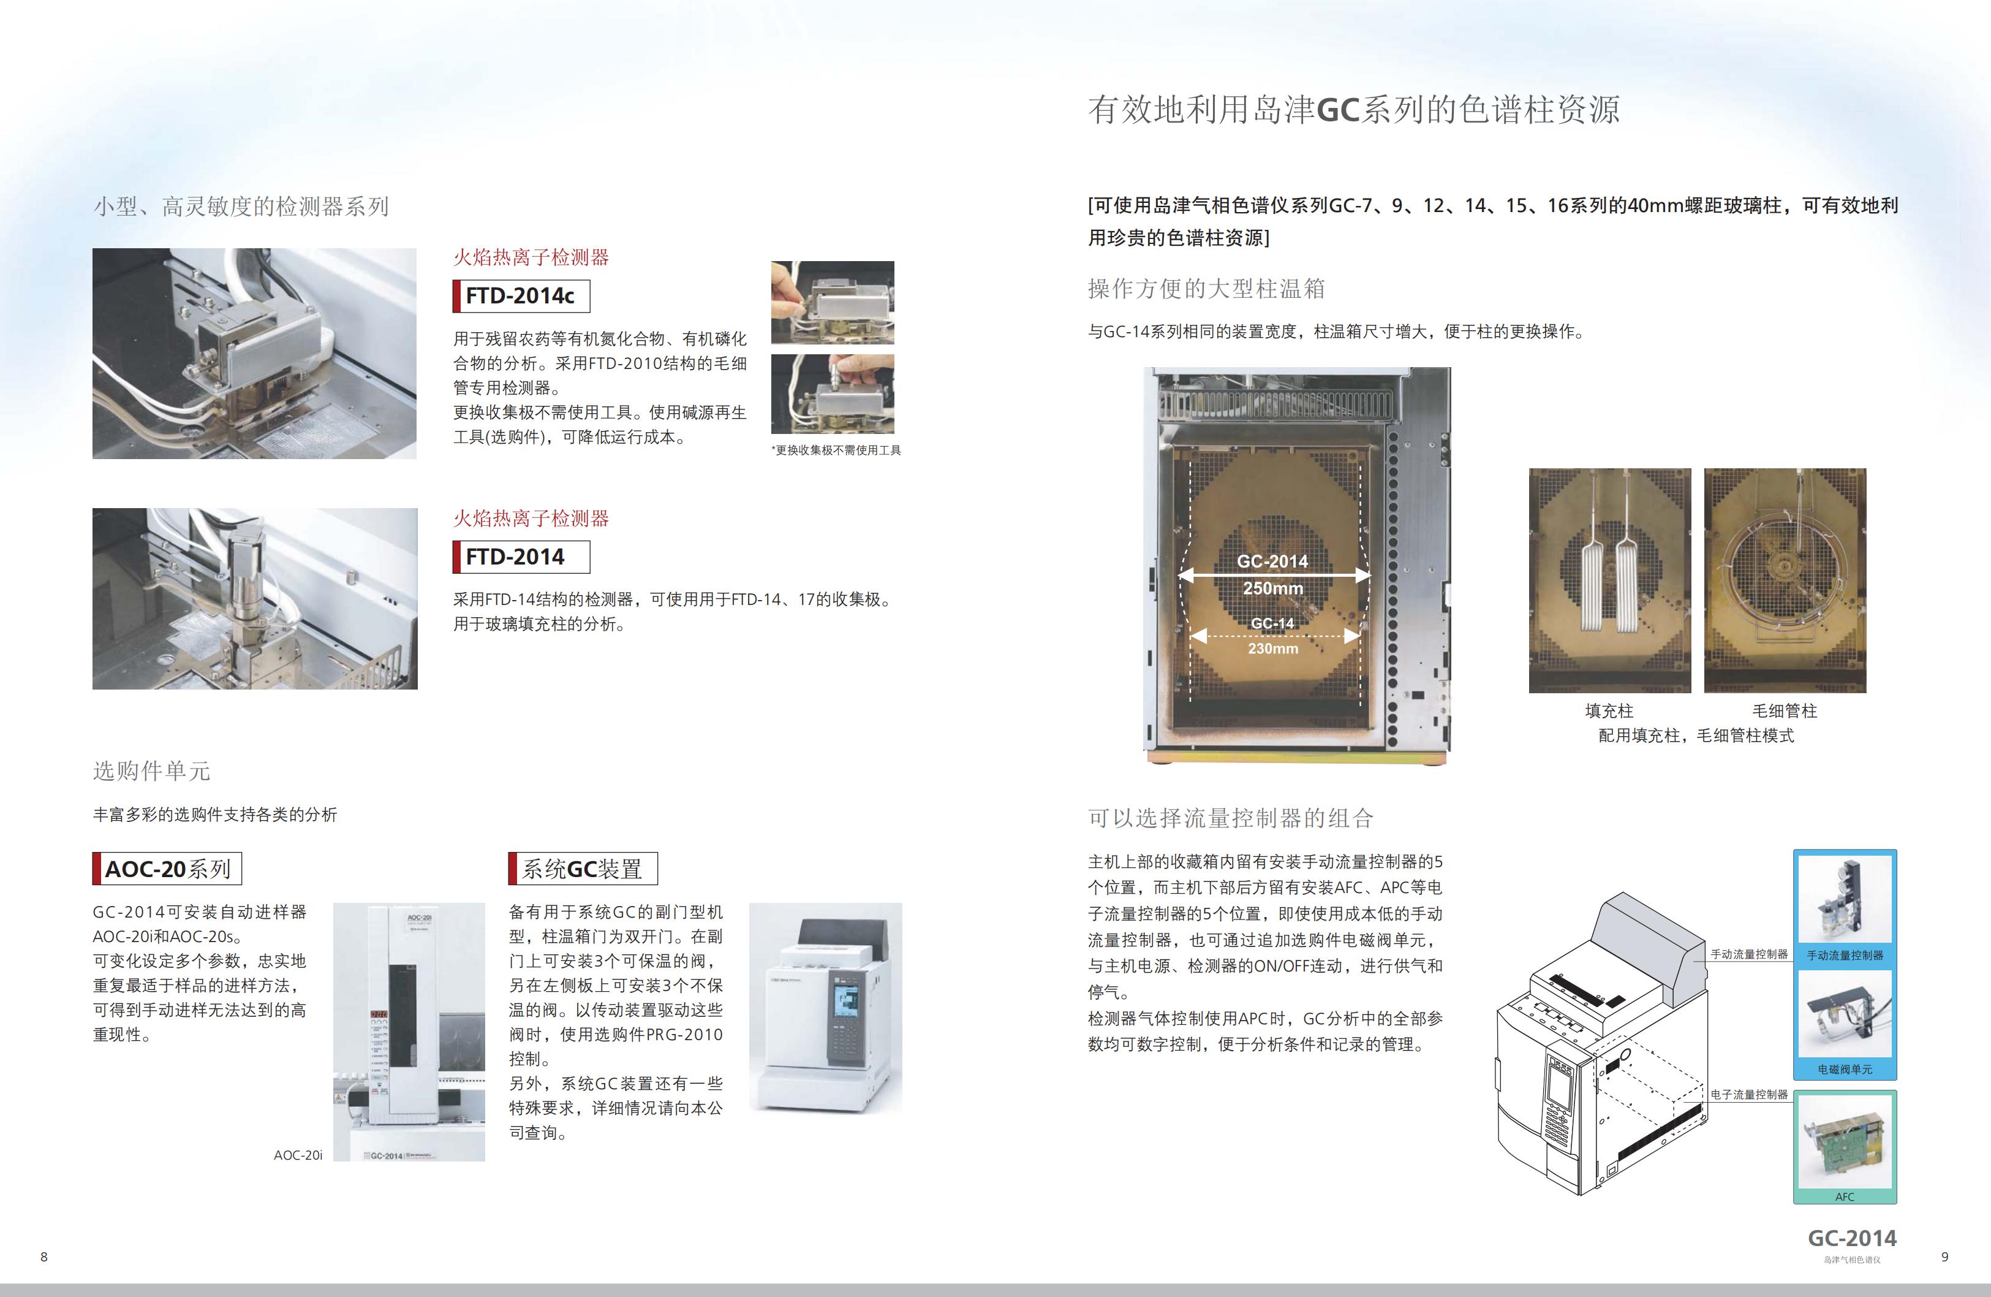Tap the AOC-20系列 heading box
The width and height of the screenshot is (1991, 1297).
167,869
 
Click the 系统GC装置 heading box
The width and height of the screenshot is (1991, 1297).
583,869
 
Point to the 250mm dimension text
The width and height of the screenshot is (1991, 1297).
1272,588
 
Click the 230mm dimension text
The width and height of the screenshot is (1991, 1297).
1273,648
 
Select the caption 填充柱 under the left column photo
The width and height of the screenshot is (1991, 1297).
1609,710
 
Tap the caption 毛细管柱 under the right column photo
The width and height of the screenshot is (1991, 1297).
1785,710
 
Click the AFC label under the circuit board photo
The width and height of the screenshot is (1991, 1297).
1845,1196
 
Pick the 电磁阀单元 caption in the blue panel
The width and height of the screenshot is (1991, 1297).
1845,1070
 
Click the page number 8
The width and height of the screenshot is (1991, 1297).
44,1256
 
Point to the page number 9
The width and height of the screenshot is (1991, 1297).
1945,1256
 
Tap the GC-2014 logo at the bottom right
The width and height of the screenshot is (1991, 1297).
1852,1238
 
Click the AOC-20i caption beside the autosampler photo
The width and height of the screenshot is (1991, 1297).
298,1155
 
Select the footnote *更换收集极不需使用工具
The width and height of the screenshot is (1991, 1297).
836,450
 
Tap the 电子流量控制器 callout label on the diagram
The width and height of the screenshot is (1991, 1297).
1749,1095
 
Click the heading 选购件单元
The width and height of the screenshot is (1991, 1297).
151,770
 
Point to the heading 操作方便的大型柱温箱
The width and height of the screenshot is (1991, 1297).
1206,289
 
